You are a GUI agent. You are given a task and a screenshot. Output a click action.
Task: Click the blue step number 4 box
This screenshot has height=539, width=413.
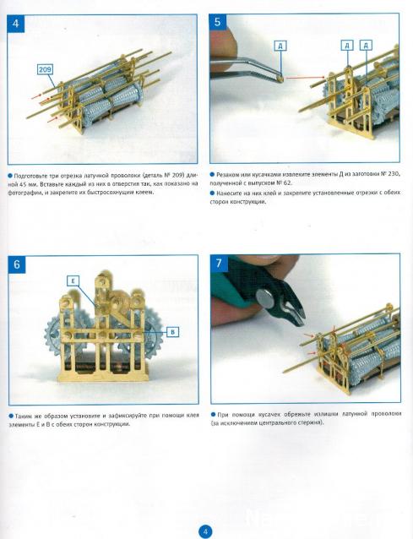pos(16,24)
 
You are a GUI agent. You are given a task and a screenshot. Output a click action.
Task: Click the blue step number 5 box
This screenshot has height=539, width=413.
pos(218,22)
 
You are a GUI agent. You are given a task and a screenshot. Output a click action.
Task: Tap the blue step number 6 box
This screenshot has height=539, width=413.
pos(17,264)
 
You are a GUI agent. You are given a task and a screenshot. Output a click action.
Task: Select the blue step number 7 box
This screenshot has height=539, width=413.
pos(220,263)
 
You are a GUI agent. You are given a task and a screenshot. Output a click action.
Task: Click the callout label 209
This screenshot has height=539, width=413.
pos(45,70)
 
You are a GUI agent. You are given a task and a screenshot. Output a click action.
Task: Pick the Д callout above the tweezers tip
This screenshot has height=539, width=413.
pos(280,46)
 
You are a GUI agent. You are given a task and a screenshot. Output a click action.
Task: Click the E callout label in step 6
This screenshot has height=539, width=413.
pos(73,280)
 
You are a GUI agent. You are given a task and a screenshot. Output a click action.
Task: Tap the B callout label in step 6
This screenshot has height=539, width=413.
pos(173,332)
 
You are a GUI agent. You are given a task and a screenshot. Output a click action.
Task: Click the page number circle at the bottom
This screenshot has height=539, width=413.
pos(205,531)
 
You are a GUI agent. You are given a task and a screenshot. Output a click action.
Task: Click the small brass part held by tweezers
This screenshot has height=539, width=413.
pos(281,79)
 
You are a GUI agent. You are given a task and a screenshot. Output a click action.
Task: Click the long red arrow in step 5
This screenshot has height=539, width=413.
pos(305,78)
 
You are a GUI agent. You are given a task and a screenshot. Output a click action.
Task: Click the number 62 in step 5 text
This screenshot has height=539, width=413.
pos(287,182)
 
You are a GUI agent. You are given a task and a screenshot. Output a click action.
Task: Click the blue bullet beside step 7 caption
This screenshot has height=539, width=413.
pos(214,414)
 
